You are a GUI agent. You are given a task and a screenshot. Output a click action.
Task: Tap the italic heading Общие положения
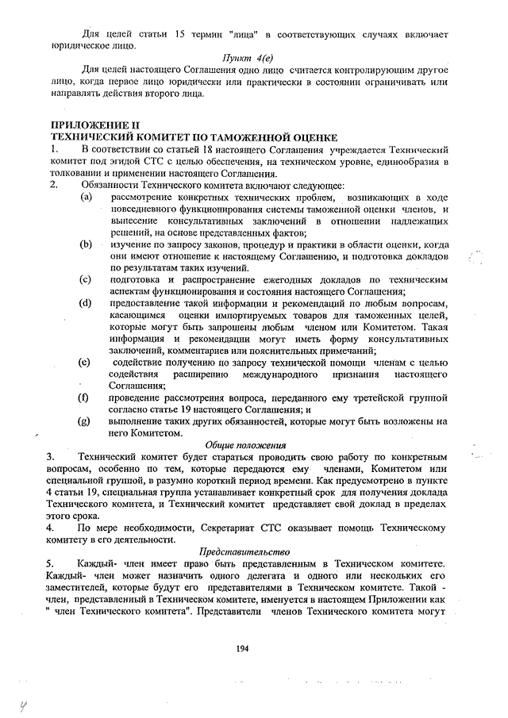click(246, 446)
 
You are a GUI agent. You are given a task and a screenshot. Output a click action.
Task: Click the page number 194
click(243, 648)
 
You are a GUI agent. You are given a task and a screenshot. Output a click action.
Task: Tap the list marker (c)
click(85, 279)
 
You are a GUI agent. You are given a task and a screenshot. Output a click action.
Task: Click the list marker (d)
click(85, 303)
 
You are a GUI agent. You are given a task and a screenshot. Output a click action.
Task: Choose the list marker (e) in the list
click(85, 362)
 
